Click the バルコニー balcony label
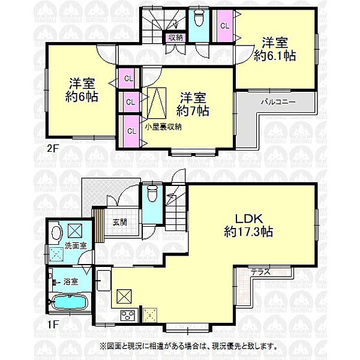277,103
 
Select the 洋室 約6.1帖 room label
275,49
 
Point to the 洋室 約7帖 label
193,104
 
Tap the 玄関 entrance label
119,221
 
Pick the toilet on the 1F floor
152,196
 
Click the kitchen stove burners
127,315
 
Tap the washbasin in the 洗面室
57,232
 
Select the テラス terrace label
260,272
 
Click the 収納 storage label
175,38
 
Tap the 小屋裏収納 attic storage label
163,127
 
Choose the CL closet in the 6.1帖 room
224,26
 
